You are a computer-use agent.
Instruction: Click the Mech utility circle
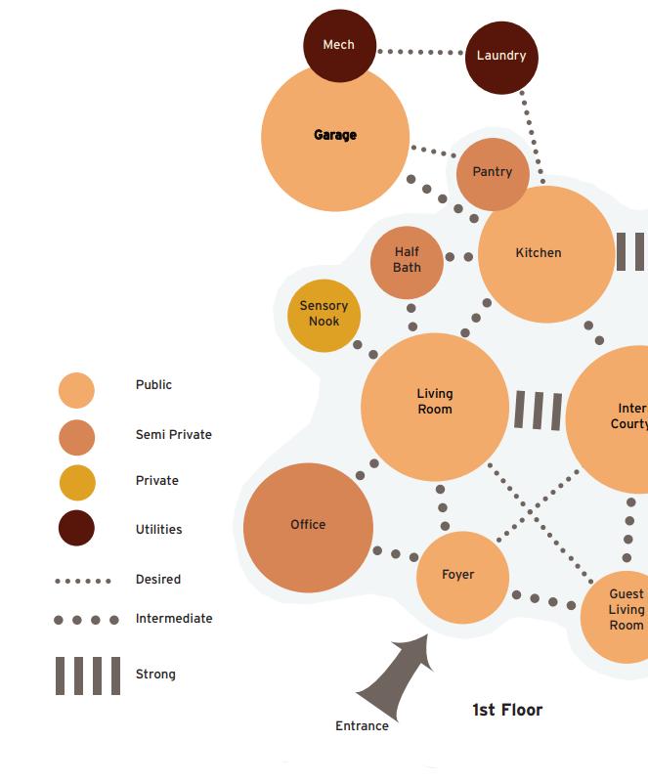click(x=339, y=45)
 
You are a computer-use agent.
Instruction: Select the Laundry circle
click(x=501, y=57)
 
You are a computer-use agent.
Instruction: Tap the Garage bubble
click(x=335, y=137)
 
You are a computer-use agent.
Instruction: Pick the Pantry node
click(x=493, y=173)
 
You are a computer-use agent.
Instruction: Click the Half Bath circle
click(x=407, y=260)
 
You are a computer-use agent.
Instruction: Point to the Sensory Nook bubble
click(x=324, y=314)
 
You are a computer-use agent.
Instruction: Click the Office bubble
click(x=308, y=527)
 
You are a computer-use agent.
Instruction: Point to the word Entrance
click(x=362, y=726)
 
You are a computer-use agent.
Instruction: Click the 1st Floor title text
click(x=507, y=711)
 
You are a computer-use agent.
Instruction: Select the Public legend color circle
click(x=76, y=390)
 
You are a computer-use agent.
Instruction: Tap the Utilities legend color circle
click(x=76, y=529)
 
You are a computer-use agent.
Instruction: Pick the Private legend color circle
click(x=76, y=482)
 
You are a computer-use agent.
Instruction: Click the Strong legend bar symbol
click(x=88, y=675)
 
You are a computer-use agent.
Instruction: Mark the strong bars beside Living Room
click(x=538, y=411)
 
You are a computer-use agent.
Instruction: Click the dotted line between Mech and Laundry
click(x=420, y=51)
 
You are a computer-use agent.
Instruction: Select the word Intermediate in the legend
click(x=174, y=619)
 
